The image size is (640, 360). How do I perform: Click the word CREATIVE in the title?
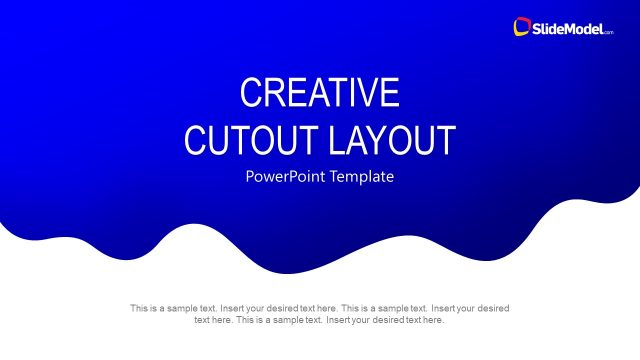pos(319,93)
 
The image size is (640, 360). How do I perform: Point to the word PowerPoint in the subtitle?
pos(284,177)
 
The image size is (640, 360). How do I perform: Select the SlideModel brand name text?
pos(569,28)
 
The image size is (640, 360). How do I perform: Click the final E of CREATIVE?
pos(390,93)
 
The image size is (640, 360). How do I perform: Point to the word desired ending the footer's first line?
pos(493,309)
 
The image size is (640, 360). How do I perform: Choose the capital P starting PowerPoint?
pos(250,177)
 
